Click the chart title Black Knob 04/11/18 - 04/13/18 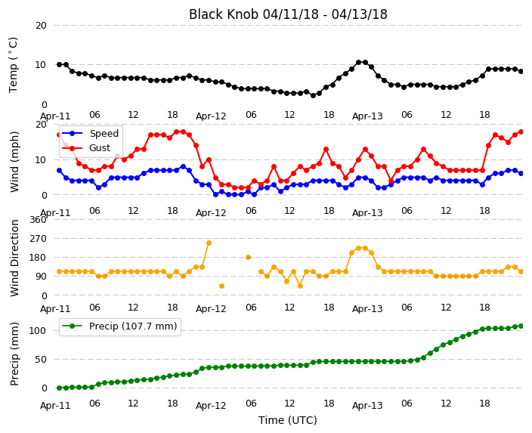coord(288,14)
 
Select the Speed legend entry coord(89,133)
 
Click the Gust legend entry coord(86,148)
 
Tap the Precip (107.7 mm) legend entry coord(119,326)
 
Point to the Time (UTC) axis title coord(288,420)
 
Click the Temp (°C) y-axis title coord(13,65)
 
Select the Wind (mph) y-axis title coord(14,162)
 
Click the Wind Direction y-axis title coord(14,258)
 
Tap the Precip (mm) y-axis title coord(14,354)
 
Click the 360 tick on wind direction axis coord(38,220)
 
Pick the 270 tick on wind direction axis coord(38,239)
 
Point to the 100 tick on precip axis coord(38,330)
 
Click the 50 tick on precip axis coord(41,360)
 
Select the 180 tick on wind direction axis coord(38,258)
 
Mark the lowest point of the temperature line coord(313,96)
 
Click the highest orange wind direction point coord(209,243)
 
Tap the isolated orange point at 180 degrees coord(248,257)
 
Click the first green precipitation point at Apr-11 coord(60,388)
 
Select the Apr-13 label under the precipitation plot coord(367,406)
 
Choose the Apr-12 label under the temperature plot coord(211,116)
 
